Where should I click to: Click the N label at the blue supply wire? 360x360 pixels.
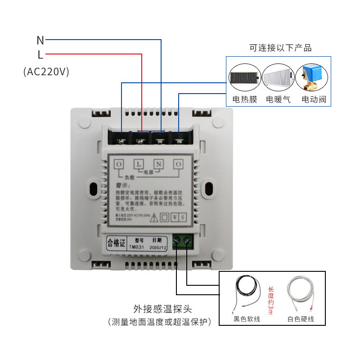click(40, 40)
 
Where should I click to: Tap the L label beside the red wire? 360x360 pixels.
click(40, 55)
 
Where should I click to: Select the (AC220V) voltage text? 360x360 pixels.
click(46, 72)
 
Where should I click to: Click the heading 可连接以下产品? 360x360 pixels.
click(280, 48)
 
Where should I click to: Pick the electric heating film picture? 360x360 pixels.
click(244, 78)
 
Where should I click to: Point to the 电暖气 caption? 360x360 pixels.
click(279, 99)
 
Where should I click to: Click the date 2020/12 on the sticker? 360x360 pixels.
click(157, 247)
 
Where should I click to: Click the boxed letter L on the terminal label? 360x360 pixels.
click(139, 164)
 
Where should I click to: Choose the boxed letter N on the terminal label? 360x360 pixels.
click(158, 164)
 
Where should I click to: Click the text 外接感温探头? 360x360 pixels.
click(162, 309)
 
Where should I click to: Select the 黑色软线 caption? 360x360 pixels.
click(247, 319)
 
